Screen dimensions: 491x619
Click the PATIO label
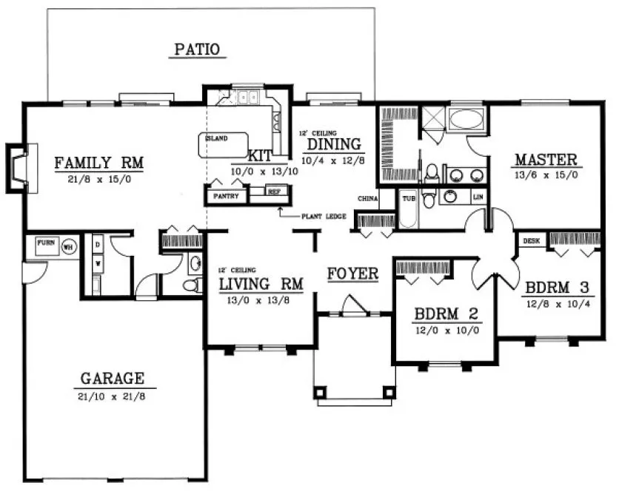[x=197, y=50]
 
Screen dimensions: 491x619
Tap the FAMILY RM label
[x=98, y=162]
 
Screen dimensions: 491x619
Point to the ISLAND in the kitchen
[x=218, y=138]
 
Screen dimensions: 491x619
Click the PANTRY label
[x=225, y=196]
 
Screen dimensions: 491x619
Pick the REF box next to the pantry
[x=273, y=192]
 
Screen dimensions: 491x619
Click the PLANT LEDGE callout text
[x=321, y=217]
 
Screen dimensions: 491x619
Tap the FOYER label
[x=353, y=274]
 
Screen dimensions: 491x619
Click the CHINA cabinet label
[x=367, y=199]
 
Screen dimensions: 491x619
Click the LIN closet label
[x=478, y=197]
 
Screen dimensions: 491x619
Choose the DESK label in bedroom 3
[x=531, y=241]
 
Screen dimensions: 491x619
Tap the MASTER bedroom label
[x=546, y=159]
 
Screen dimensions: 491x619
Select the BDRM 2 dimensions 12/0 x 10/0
[x=446, y=331]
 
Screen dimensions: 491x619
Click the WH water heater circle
[x=68, y=247]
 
